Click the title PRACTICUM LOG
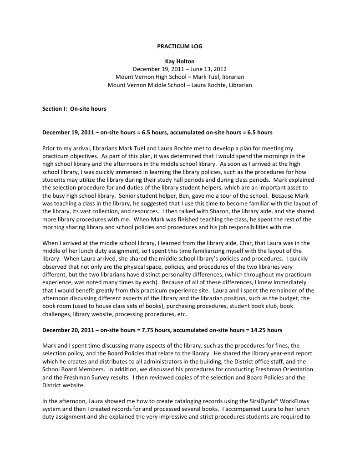(180, 47)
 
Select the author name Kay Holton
(180, 61)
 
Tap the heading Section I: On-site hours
(74, 109)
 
